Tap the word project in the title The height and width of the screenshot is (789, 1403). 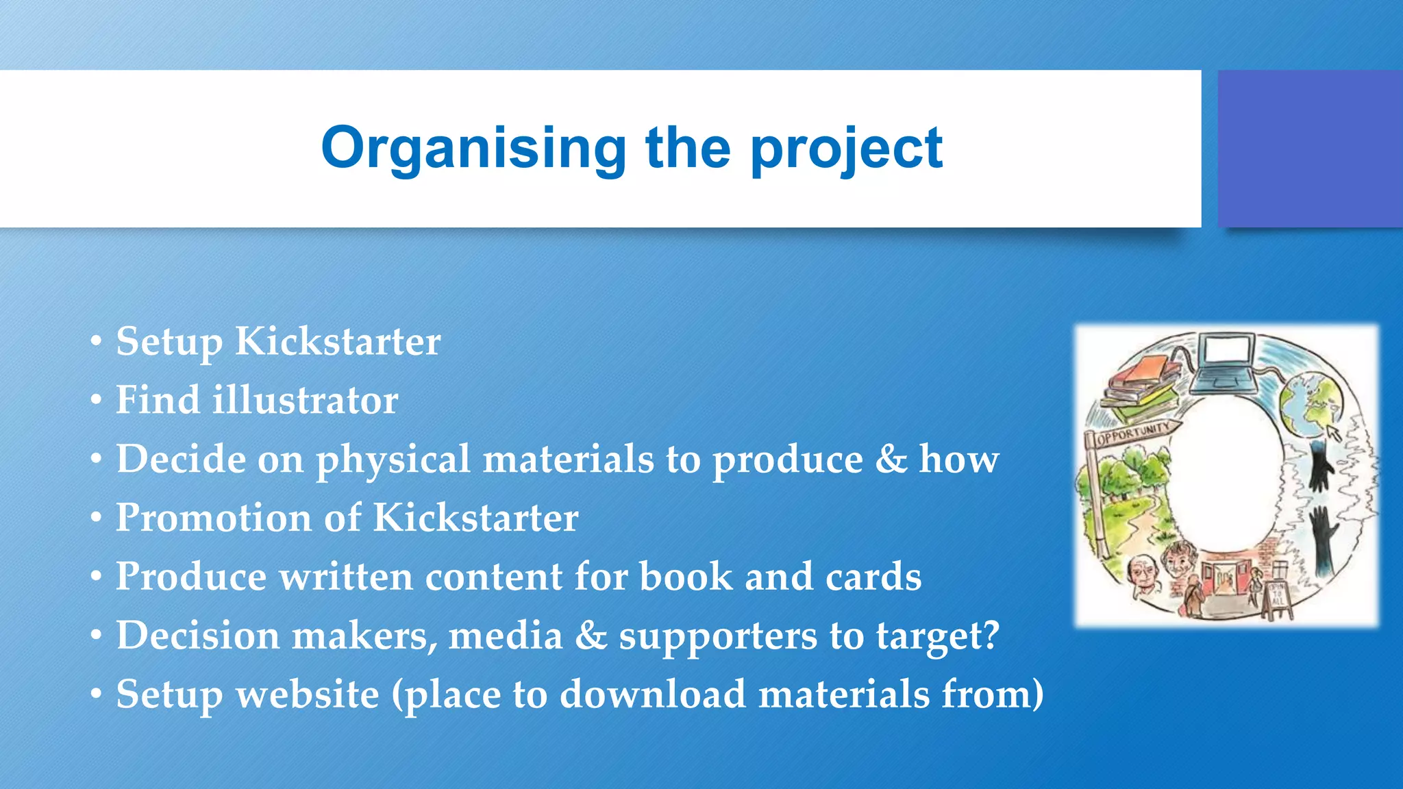tap(847, 149)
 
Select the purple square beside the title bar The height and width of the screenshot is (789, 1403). tap(1310, 149)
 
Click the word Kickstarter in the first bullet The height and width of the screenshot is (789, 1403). tap(338, 341)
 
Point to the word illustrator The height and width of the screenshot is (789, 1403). tap(305, 400)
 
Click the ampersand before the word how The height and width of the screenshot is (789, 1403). tap(891, 459)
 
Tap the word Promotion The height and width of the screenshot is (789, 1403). tap(213, 518)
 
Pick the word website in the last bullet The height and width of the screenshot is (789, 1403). tap(308, 694)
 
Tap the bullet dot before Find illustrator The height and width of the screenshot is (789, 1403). tap(97, 400)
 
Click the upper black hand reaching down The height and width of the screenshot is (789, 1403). tap(1319, 466)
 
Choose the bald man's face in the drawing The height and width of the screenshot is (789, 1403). tap(1141, 573)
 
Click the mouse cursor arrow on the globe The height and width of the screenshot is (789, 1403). tap(1333, 433)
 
